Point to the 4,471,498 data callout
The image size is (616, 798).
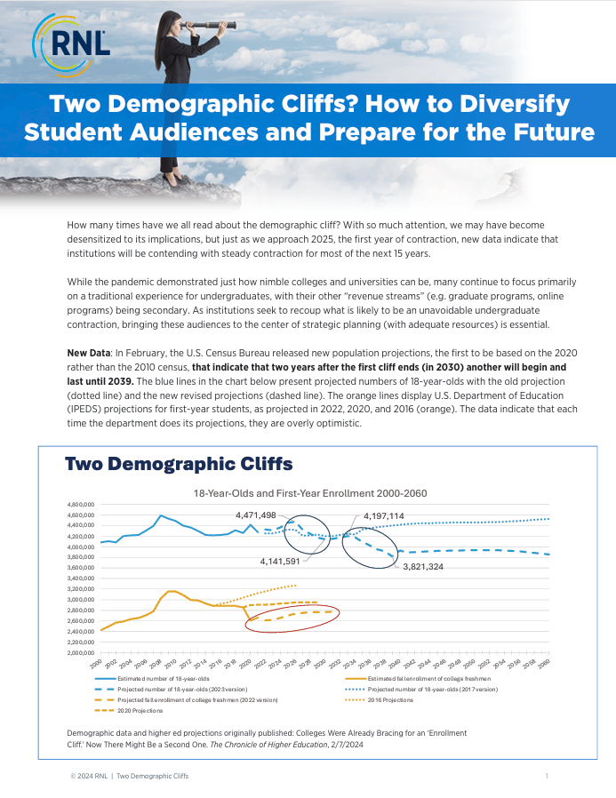click(255, 515)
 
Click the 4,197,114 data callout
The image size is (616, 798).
click(383, 515)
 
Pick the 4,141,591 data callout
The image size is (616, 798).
click(282, 562)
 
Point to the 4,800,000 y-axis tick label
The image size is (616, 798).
click(80, 505)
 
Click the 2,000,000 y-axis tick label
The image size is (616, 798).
click(80, 653)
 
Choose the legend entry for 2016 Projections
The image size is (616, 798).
click(392, 699)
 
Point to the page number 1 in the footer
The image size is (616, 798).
click(546, 777)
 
